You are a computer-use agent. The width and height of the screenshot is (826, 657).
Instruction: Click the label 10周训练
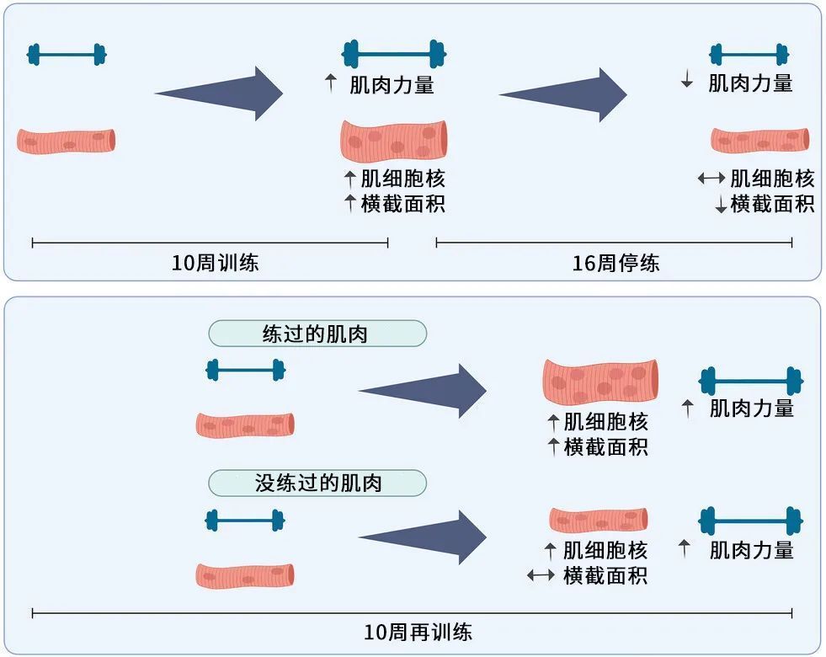[x=215, y=263]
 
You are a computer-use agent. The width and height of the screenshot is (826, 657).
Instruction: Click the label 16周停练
[x=616, y=263]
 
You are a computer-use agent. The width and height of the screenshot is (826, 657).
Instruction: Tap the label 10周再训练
[x=418, y=633]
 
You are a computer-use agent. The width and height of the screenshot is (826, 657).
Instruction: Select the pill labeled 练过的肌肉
[x=317, y=334]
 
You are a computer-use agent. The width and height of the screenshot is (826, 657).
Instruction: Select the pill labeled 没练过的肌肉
[x=317, y=483]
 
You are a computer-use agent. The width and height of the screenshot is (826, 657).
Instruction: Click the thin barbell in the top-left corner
[x=67, y=55]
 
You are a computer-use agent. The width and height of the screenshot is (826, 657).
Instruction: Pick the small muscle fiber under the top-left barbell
[x=67, y=141]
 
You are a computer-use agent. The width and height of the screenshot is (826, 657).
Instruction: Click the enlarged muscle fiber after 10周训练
[x=393, y=140]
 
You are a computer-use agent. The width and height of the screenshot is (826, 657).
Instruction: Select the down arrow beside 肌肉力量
[x=687, y=82]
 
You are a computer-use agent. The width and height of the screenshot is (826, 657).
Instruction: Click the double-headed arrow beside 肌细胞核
[x=711, y=179]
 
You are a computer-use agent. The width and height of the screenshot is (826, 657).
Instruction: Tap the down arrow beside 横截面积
[x=721, y=205]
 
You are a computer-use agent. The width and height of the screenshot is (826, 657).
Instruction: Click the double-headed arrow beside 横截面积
[x=541, y=576]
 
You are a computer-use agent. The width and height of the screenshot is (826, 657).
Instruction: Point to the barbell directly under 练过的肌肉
[x=245, y=369]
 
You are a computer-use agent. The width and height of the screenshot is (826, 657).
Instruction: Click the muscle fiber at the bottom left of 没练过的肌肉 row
[x=245, y=575]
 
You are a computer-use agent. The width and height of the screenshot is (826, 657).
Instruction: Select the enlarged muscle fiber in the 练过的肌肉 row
[x=600, y=382]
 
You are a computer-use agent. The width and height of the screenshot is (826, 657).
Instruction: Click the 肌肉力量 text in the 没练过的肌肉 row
[x=751, y=550]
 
